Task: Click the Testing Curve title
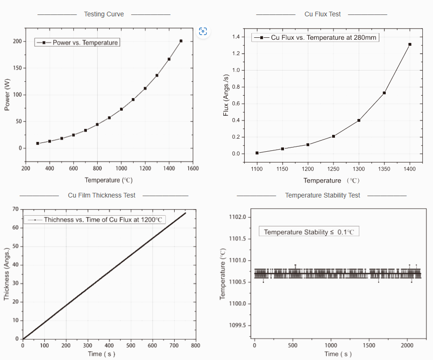104,14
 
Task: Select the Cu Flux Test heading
322,14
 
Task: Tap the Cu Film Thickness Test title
101,195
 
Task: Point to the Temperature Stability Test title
322,195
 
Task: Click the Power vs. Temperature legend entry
78,42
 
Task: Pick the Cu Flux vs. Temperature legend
316,37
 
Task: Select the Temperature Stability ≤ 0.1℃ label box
309,232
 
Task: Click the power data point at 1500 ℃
181,41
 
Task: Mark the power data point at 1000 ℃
121,109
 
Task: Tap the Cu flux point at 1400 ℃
410,44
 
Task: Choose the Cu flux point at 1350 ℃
384,93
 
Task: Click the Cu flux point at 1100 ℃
257,153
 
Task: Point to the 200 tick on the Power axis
17,42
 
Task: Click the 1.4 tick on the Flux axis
236,37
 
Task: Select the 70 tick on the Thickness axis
15,209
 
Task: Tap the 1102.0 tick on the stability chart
238,218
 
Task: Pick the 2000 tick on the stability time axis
407,346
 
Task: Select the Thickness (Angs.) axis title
7,274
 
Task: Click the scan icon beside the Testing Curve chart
203,31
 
